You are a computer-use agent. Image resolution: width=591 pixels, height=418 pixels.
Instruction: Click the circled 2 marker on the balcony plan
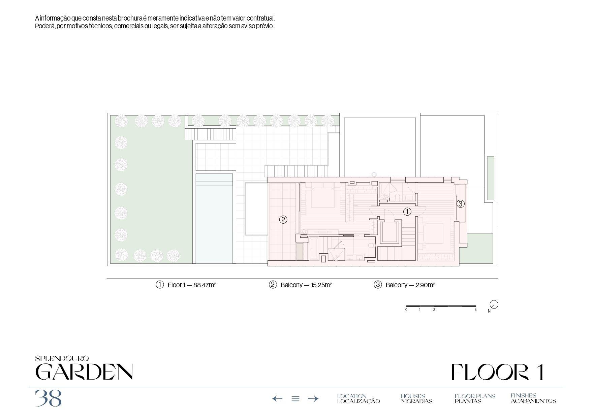(x=283, y=220)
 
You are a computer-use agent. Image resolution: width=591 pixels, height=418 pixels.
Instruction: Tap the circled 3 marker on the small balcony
(x=461, y=203)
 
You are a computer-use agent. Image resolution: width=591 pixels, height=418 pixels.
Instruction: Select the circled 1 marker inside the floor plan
(x=407, y=212)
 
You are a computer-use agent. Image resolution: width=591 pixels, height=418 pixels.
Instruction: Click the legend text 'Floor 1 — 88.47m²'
(x=192, y=285)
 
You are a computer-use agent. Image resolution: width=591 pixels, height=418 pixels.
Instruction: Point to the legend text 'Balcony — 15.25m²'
(x=306, y=285)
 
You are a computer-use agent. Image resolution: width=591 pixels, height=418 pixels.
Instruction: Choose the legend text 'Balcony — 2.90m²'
(x=410, y=285)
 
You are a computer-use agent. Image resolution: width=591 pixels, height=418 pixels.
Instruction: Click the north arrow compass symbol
(x=494, y=304)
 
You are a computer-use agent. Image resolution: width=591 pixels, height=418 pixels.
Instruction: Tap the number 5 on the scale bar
(x=475, y=310)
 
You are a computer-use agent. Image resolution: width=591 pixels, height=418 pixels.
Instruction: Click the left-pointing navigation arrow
(x=277, y=399)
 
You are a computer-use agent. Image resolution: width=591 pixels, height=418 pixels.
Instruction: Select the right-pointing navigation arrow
(x=313, y=399)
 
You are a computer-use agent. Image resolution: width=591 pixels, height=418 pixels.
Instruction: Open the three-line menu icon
(x=295, y=399)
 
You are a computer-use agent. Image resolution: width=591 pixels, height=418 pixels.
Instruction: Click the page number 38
(x=49, y=398)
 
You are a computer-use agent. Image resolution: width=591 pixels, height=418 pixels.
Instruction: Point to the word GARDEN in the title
(x=84, y=372)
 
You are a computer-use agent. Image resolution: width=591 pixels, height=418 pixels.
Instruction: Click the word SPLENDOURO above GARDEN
(x=62, y=359)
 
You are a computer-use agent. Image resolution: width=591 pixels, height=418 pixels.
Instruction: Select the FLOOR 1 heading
(x=497, y=372)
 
